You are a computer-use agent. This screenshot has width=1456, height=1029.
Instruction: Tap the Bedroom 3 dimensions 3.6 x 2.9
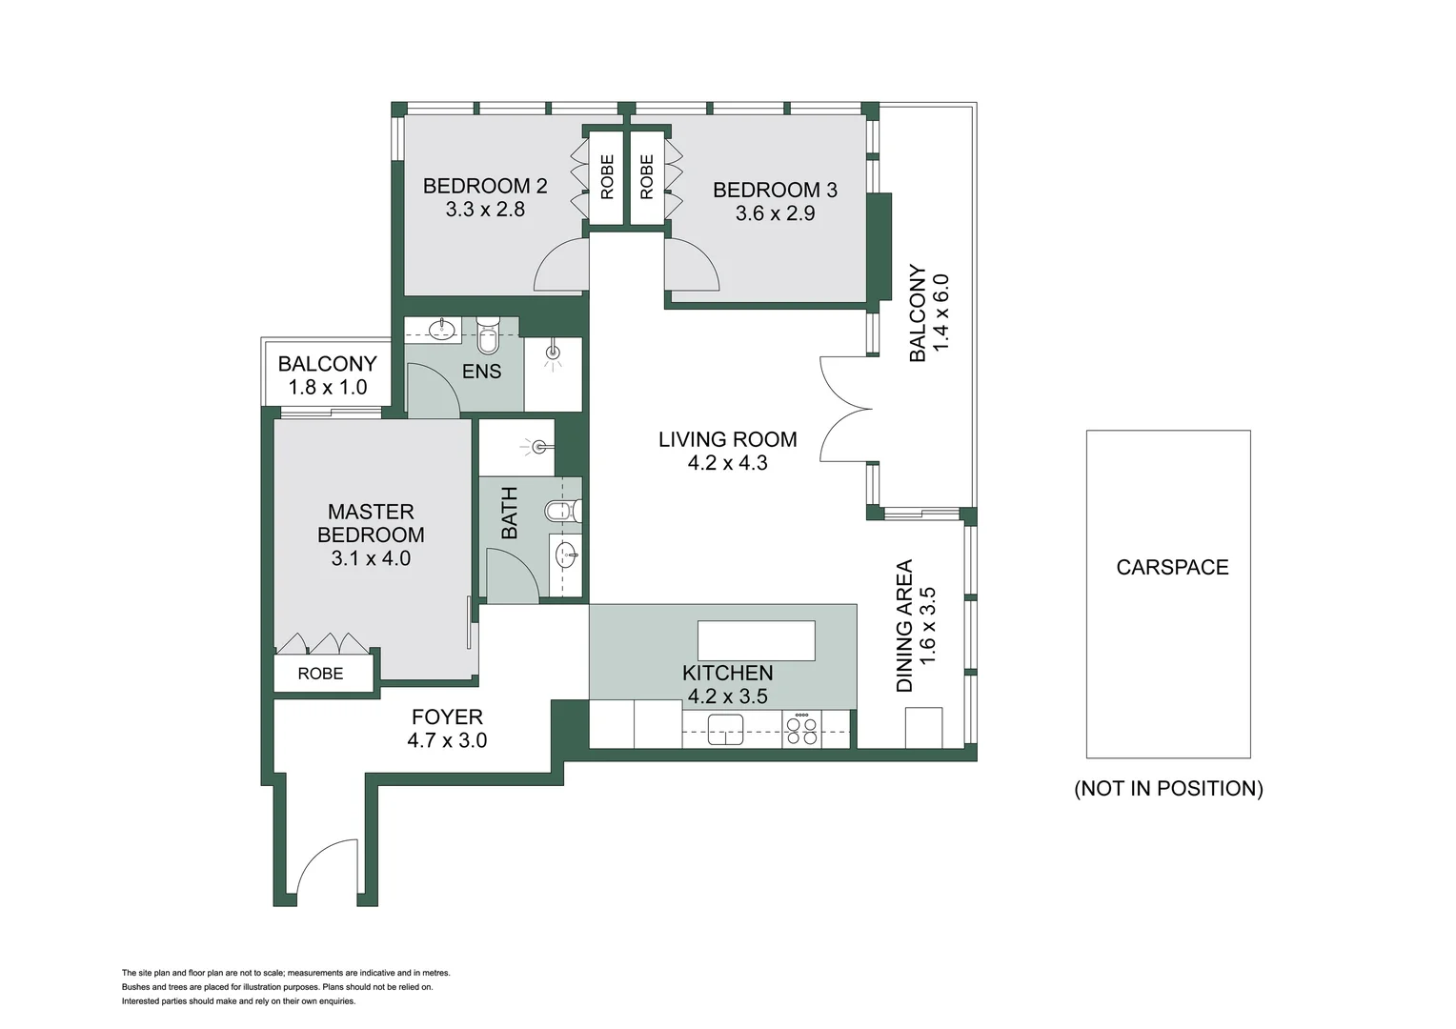(775, 213)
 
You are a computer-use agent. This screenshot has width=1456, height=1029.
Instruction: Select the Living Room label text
(727, 439)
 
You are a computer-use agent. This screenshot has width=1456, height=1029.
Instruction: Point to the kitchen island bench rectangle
(757, 640)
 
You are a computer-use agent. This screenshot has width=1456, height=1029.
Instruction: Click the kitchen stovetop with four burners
(801, 730)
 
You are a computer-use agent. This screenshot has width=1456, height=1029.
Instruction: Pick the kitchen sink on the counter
(725, 731)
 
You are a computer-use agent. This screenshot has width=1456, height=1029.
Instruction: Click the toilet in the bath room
(561, 512)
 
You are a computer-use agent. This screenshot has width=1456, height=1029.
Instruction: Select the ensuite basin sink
(441, 330)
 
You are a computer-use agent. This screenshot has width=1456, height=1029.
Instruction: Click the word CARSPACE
(1172, 568)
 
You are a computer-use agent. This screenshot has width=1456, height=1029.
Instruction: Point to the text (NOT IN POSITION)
(1168, 789)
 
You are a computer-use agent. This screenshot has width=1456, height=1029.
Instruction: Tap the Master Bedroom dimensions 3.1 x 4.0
(371, 558)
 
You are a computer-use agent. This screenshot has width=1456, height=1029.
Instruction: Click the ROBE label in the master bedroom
(320, 674)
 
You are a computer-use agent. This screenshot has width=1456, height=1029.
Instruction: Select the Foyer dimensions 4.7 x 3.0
(447, 740)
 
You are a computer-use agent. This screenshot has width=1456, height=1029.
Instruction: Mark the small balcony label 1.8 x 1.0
(327, 388)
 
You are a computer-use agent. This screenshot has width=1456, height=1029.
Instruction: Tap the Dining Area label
(904, 625)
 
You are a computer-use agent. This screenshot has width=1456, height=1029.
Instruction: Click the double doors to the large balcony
(845, 409)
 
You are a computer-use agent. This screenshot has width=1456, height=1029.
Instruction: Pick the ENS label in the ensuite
(481, 372)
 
